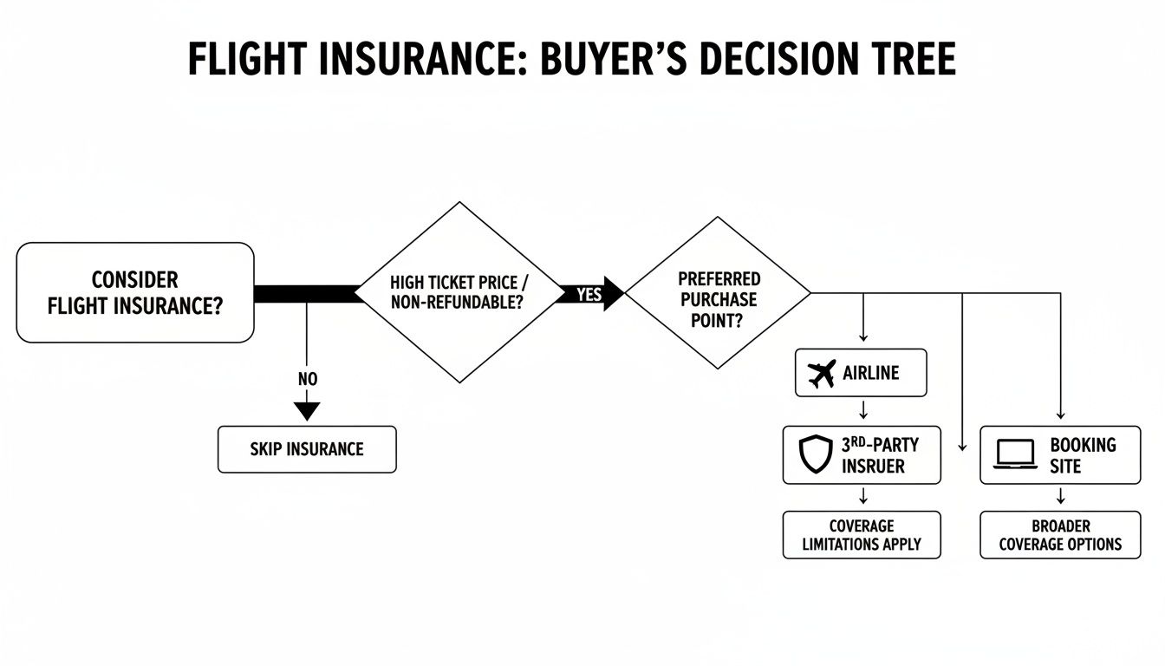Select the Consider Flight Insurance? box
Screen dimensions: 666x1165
point(135,292)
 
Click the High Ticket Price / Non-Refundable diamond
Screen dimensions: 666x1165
point(459,292)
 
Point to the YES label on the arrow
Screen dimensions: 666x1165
point(589,294)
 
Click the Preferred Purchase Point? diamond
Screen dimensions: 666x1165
point(719,292)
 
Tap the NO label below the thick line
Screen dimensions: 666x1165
point(308,380)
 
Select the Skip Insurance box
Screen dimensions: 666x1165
point(307,449)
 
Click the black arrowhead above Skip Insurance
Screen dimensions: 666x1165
point(307,410)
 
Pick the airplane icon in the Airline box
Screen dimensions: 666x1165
point(820,374)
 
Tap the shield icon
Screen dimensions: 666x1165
point(815,455)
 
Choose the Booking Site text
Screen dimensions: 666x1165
point(1083,455)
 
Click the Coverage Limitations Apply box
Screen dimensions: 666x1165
point(861,535)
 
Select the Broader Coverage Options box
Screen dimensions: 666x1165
point(1060,535)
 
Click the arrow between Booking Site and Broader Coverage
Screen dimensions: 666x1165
point(1060,497)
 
